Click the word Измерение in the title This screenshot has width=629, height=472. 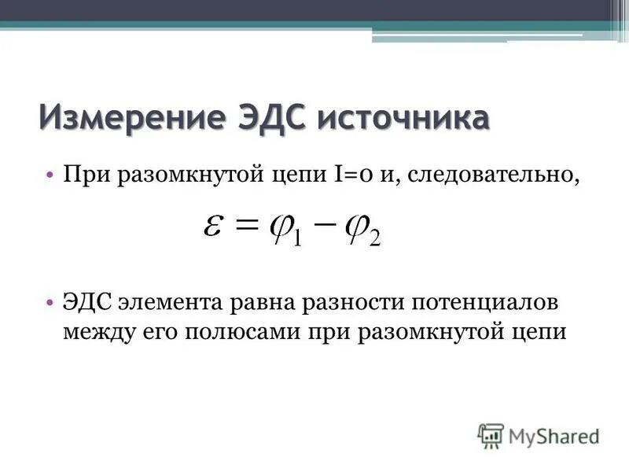(131, 119)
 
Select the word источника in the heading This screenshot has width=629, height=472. (403, 119)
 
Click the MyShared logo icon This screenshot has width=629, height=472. (491, 435)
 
